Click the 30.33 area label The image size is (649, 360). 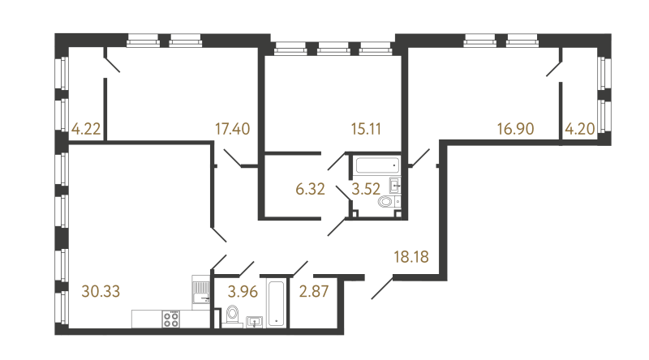[101, 291]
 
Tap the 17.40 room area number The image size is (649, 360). [233, 129]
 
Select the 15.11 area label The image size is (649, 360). [366, 129]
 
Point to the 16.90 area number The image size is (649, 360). [516, 129]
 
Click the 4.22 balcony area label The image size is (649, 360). [86, 129]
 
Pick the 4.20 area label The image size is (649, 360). [580, 129]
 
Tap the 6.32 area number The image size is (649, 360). [310, 189]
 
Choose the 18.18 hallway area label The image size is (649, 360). [411, 257]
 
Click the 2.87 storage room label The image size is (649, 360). [314, 291]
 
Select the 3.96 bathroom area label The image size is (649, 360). [243, 291]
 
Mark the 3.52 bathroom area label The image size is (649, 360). [366, 189]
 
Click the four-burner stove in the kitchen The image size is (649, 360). [171, 319]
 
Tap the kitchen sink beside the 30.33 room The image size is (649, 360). [201, 292]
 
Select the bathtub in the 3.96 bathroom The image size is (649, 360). [276, 304]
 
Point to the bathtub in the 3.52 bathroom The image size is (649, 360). [377, 165]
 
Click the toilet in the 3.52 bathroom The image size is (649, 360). [385, 202]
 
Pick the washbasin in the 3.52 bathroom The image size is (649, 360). [395, 185]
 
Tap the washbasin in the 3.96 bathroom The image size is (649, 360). [254, 322]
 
